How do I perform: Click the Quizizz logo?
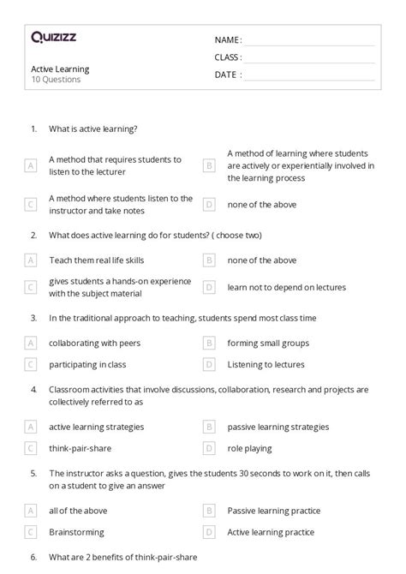coord(54,37)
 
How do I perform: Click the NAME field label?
coord(228,40)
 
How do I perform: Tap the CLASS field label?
coord(228,57)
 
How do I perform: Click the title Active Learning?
coord(60,69)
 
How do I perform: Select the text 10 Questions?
coord(57,80)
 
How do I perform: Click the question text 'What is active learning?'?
coord(93,129)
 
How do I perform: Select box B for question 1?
coord(209,166)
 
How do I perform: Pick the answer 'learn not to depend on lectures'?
coord(286,288)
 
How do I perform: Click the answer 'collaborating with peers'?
coord(95,343)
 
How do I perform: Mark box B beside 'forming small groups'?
coord(209,343)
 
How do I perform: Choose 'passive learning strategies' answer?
coord(278,426)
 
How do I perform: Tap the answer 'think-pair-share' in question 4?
coord(81,447)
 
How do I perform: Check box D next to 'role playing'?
coord(209,447)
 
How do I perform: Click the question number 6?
coord(33,558)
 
